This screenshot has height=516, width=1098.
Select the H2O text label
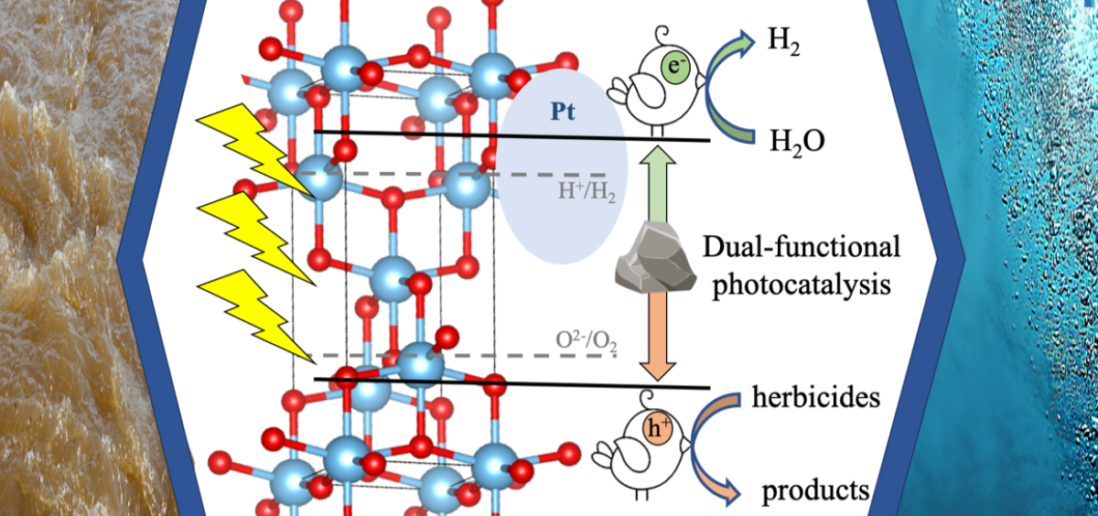pyautogui.click(x=795, y=142)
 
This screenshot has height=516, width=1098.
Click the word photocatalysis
pyautogui.click(x=804, y=285)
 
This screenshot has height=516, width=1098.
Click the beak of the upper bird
pyautogui.click(x=704, y=79)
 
